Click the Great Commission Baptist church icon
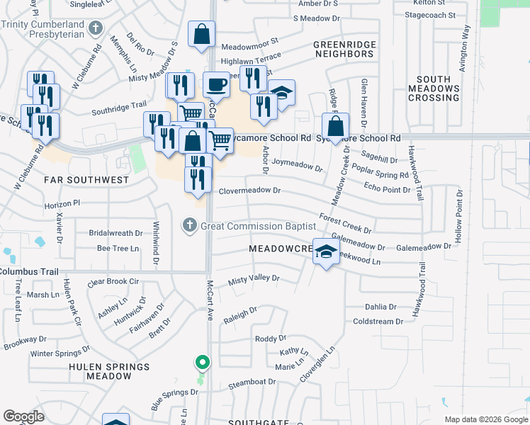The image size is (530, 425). coord(189,226)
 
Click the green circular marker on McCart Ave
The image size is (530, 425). coord(203,363)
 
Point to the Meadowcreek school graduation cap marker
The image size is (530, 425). coord(326,253)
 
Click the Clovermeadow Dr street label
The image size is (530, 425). coord(250,191)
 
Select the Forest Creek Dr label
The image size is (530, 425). coord(346,223)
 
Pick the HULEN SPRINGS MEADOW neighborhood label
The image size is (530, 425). coord(99,371)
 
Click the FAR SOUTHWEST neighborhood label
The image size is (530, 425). coord(86,180)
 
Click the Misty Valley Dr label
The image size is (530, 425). coord(254,280)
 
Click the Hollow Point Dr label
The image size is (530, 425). coord(459,217)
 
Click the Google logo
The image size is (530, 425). coord(23,416)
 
